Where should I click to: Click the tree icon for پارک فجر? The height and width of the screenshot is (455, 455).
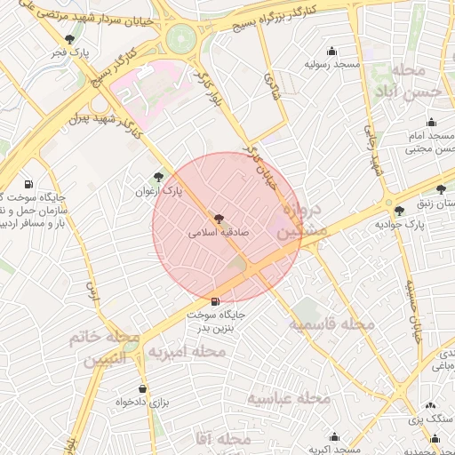pos(70,38)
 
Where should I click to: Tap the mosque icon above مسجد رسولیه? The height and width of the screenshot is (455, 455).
pos(332,51)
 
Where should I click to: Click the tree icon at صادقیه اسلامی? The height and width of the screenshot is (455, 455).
pos(219,219)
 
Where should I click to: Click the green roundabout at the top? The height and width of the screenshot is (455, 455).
pos(180,38)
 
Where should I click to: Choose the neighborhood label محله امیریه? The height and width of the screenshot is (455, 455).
pos(186,352)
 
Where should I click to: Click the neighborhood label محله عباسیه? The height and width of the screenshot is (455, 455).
pos(288,398)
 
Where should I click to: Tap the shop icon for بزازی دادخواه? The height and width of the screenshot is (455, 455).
pos(142,388)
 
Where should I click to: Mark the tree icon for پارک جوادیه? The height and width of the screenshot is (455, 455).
pos(399,211)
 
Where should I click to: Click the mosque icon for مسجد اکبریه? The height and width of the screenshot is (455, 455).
pos(334,436)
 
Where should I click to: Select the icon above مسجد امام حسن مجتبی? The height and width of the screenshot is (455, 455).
pos(432,123)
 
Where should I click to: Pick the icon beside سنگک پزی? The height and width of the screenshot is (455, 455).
pos(430,404)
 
